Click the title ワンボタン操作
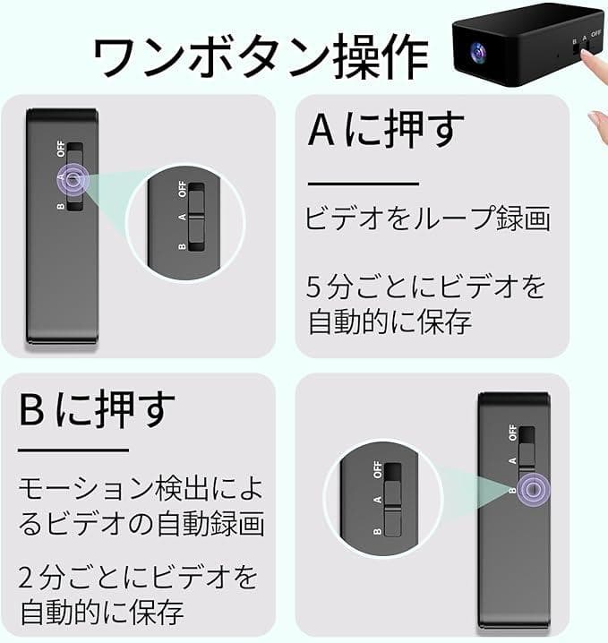pyautogui.click(x=261, y=56)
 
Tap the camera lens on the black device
pyautogui.click(x=478, y=52)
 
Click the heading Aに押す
pyautogui.click(x=386, y=129)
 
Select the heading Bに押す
pyautogui.click(x=98, y=409)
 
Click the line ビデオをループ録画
pyautogui.click(x=428, y=218)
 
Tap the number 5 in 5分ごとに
pyautogui.click(x=313, y=287)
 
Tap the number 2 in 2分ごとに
pyautogui.click(x=25, y=578)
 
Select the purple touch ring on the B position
pyautogui.click(x=533, y=489)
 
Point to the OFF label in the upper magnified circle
pyautogui.click(x=183, y=189)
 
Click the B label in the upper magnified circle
pyautogui.click(x=182, y=246)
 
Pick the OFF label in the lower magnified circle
pyautogui.click(x=378, y=469)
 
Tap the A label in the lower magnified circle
pyautogui.click(x=378, y=500)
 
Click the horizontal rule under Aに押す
pyautogui.click(x=364, y=184)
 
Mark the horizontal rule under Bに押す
pyautogui.click(x=73, y=450)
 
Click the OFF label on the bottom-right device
pyautogui.click(x=512, y=433)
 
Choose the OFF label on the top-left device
pyautogui.click(x=61, y=149)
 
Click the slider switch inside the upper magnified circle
pyautogui.click(x=196, y=218)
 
